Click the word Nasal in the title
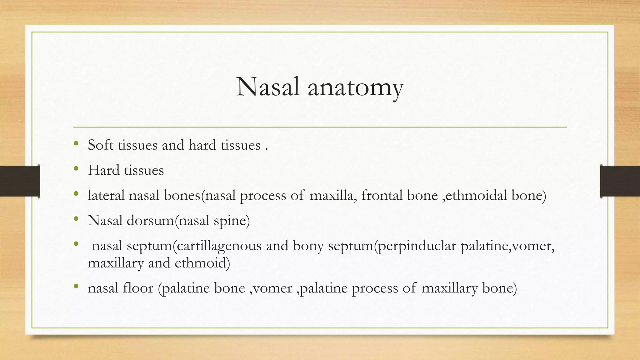[x=268, y=87]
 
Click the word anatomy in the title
[x=356, y=88]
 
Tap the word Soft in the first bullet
[x=101, y=145]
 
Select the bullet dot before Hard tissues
[x=76, y=169]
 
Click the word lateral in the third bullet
[x=106, y=195]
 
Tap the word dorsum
[x=150, y=221]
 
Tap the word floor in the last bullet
[x=138, y=288]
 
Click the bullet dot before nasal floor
[x=76, y=287]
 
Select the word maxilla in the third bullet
[x=333, y=195]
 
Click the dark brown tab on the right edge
[x=620, y=181]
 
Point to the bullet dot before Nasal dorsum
[x=76, y=219]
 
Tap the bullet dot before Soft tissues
[x=76, y=144]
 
